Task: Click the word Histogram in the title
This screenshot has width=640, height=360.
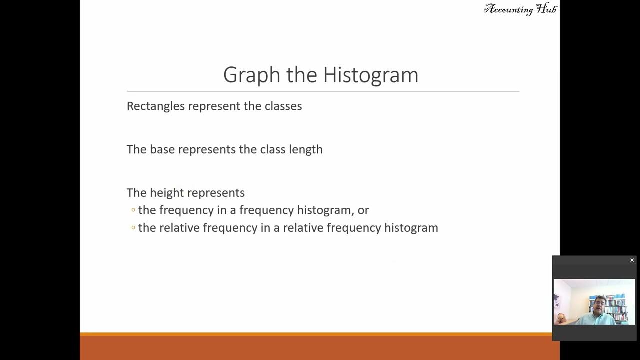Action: point(370,75)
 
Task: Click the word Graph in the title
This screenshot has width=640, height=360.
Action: point(252,75)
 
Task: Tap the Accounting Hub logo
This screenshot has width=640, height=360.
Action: point(520,9)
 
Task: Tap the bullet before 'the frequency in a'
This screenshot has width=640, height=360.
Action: point(133,210)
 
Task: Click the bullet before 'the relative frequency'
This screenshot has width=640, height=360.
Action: point(133,228)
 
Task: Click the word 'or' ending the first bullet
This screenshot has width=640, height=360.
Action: point(363,210)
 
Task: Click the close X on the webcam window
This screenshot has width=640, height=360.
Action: point(632,260)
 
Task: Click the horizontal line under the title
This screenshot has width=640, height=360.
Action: point(323,91)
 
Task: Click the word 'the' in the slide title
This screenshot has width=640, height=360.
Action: point(301,75)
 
